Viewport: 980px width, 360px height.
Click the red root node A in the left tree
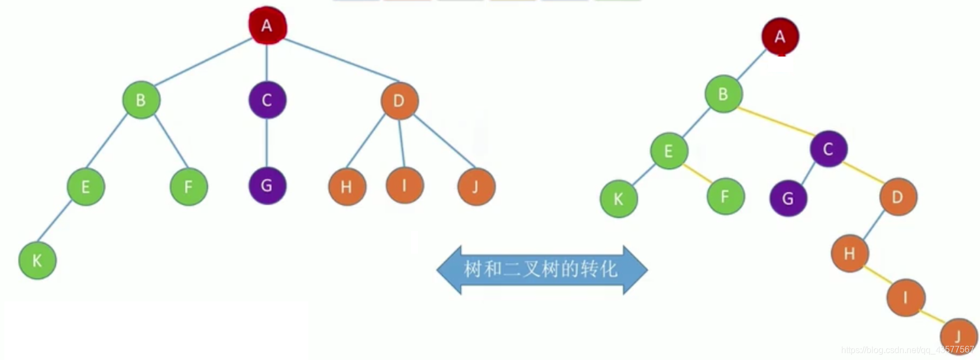tap(267, 25)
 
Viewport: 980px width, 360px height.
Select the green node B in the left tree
tap(141, 100)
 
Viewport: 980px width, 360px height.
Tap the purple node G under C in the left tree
tap(267, 185)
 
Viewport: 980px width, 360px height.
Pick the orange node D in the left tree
tap(399, 100)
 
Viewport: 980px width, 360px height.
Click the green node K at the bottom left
tap(37, 260)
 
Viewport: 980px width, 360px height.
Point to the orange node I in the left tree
tap(404, 185)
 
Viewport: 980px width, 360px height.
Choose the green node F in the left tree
tap(189, 187)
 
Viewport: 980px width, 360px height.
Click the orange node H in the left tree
tap(347, 187)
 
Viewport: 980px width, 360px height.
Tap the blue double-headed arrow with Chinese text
tap(542, 269)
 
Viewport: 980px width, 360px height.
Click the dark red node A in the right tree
tap(780, 37)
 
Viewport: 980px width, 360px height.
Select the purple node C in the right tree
tap(829, 149)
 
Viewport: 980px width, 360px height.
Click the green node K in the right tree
tap(618, 199)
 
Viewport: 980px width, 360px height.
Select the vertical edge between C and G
tap(267, 143)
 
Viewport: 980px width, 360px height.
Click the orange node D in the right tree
tap(898, 196)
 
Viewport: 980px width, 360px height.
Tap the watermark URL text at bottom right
tap(908, 350)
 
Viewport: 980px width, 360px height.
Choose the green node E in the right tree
tap(668, 150)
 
